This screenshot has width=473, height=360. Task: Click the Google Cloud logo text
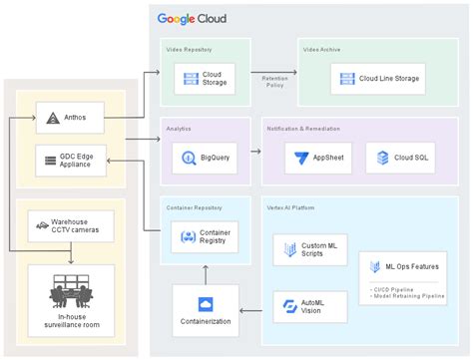(193, 18)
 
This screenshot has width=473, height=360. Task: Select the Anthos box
(69, 118)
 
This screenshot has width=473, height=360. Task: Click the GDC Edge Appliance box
(69, 159)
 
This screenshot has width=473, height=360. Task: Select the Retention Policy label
(274, 80)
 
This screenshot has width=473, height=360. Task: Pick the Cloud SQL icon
(375, 157)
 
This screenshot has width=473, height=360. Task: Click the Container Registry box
(206, 236)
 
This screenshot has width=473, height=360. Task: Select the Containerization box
(206, 309)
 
